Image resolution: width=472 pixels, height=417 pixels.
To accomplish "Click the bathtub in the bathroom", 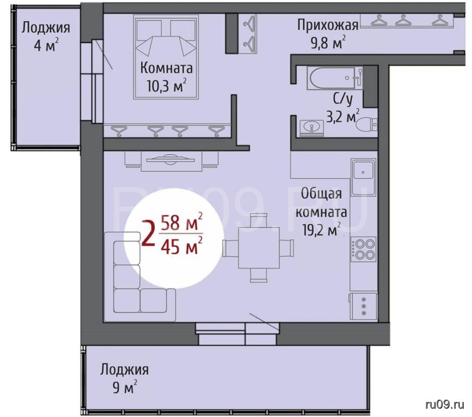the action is [335, 78].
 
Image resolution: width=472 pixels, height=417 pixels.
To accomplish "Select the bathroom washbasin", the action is [312, 127].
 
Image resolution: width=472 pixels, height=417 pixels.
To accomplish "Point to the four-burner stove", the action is [363, 249].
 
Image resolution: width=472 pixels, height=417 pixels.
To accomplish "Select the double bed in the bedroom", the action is [166, 56].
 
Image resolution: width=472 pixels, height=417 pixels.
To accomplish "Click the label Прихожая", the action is [328, 25].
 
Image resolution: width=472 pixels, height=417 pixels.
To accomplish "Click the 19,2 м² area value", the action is [321, 230].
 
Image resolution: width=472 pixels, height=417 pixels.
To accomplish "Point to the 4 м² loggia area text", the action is [46, 45].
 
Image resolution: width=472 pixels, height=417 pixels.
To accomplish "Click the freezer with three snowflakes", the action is [363, 306].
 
